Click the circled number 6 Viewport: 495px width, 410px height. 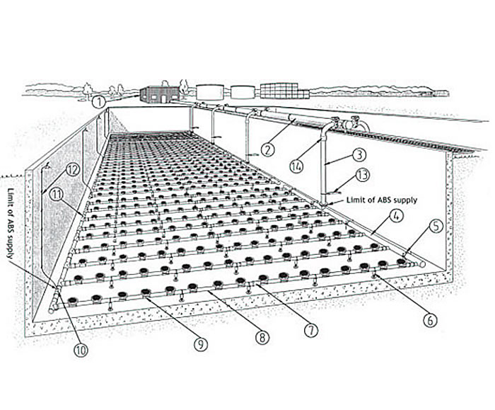429,319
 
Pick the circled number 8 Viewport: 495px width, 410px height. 262,338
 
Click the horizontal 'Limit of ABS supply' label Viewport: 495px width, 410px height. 381,200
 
